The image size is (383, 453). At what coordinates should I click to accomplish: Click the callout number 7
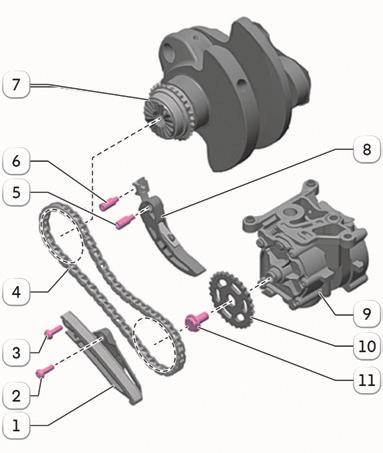click(16, 84)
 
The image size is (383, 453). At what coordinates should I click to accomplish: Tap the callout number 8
click(367, 149)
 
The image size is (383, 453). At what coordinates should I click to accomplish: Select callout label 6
click(16, 161)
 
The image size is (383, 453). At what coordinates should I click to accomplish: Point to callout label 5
click(16, 192)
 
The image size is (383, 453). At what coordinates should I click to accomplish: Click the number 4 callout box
click(16, 292)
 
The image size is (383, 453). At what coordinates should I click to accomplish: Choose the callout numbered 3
click(16, 352)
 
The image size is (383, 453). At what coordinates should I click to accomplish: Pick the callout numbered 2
click(16, 396)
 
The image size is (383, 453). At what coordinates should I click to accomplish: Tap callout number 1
click(16, 426)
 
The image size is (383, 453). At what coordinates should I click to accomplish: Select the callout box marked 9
click(367, 313)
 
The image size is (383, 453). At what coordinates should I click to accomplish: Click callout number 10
click(367, 346)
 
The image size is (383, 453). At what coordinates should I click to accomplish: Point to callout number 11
click(367, 380)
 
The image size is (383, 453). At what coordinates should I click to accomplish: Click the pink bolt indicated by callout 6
click(108, 203)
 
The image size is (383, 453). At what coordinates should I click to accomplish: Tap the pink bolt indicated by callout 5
click(125, 222)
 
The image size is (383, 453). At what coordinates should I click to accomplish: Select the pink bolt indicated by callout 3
click(53, 332)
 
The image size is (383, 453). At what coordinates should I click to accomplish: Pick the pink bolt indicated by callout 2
click(45, 371)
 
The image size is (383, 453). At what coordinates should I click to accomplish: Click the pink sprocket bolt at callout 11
click(196, 321)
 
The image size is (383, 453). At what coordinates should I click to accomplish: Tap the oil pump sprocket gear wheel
click(231, 299)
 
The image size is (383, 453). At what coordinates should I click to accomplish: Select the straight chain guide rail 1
click(103, 357)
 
